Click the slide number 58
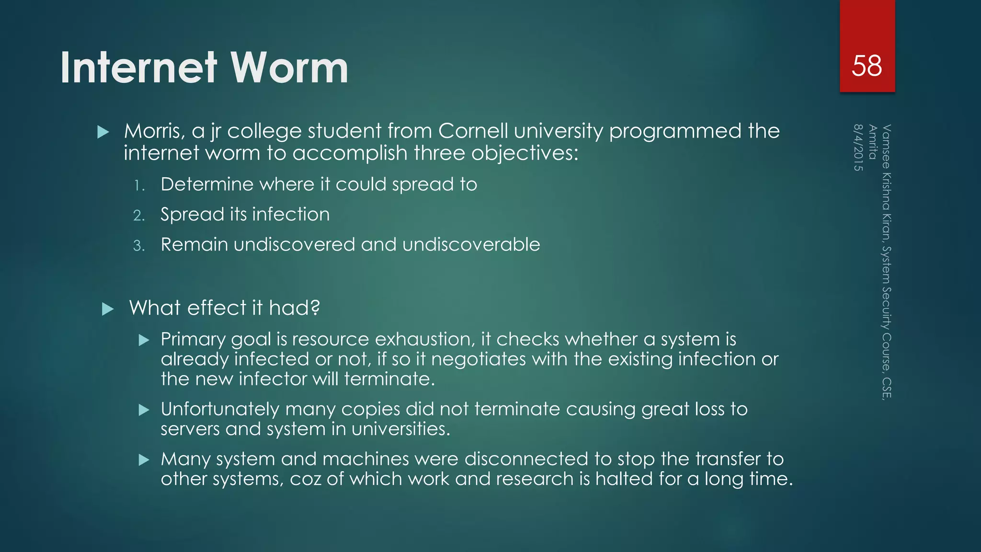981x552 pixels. click(867, 66)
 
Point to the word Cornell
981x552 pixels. click(473, 131)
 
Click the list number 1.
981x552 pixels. click(138, 185)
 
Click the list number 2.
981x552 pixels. click(138, 216)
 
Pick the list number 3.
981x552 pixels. click(138, 246)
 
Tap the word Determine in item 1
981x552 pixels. click(207, 184)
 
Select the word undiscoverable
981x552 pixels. click(471, 244)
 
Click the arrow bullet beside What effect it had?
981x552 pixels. click(108, 309)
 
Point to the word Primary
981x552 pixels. click(193, 340)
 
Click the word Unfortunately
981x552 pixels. click(220, 409)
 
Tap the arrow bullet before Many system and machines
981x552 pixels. click(144, 460)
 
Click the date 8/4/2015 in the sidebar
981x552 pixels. click(858, 148)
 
